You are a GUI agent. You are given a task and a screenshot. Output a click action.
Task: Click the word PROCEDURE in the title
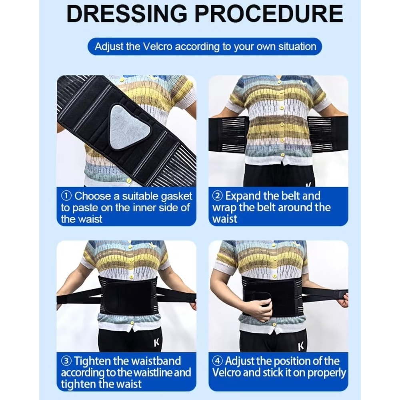(269, 14)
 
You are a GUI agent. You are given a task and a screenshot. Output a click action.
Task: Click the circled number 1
(66, 196)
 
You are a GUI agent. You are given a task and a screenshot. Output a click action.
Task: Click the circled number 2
(218, 196)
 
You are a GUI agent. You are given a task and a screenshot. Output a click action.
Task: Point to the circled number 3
(66, 362)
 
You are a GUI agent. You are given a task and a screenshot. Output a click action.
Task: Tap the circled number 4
(218, 362)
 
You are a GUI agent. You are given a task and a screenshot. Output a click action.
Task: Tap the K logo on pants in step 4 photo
(301, 345)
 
